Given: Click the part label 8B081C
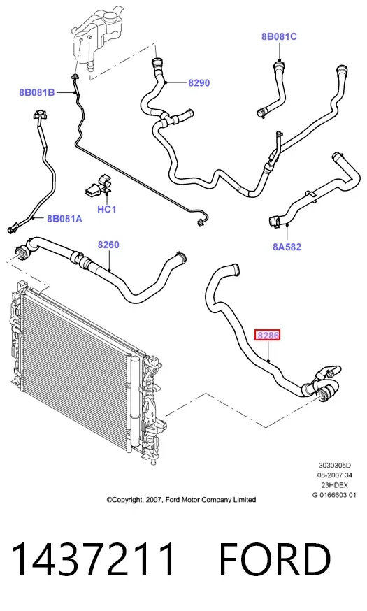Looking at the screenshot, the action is [279, 36].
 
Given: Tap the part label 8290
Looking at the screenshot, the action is [199, 83].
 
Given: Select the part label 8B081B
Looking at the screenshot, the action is [37, 93].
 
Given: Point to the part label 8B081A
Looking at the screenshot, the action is [65, 219].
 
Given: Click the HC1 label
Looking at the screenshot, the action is [107, 209].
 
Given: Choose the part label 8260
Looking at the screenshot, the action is [108, 245].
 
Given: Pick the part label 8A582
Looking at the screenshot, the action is [287, 247].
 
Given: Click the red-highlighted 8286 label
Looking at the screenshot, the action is [267, 335].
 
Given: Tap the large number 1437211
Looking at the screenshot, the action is [93, 560].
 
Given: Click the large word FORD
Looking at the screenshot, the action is [275, 560].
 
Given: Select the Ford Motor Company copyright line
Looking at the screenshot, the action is [182, 500].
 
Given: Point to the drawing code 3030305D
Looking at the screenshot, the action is [335, 466].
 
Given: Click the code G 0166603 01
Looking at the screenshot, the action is [334, 495].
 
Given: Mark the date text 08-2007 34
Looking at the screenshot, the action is [334, 475].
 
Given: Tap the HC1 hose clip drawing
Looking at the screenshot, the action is [99, 187].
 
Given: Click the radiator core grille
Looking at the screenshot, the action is [78, 359].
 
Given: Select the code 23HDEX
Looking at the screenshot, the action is [334, 485].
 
